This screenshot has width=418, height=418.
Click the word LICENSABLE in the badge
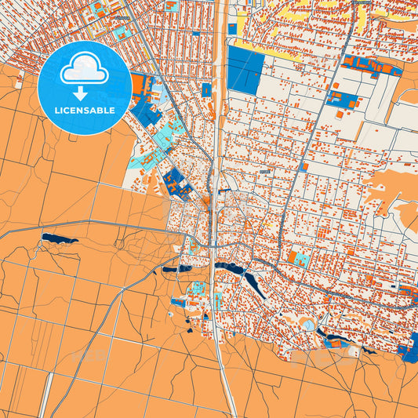[x=85, y=111]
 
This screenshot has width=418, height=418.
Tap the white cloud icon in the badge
[x=84, y=70]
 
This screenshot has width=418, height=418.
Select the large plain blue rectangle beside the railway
[x=245, y=70]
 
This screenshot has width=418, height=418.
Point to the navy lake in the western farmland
[x=59, y=238]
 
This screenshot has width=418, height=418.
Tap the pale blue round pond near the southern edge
[x=309, y=325]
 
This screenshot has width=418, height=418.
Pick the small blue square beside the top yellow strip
[x=232, y=30]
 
